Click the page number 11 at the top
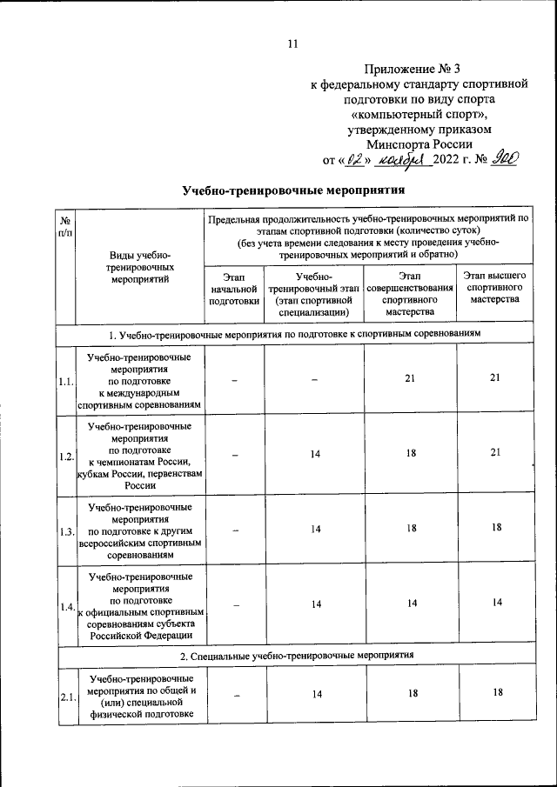[292, 44]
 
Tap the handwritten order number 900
[504, 158]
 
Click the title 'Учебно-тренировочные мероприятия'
[294, 190]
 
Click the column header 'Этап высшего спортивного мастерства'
[493, 288]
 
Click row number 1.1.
[66, 382]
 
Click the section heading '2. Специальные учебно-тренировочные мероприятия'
[295, 652]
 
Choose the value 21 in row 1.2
[495, 453]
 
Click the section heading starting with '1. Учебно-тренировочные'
[295, 334]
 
